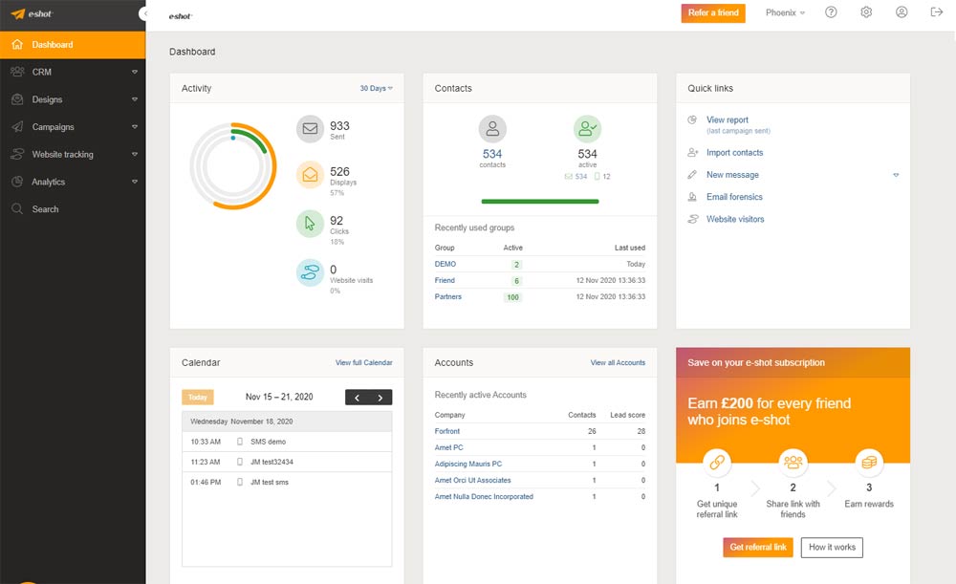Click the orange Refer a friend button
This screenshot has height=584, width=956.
pos(713,12)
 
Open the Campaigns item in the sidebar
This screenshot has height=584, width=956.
pos(53,127)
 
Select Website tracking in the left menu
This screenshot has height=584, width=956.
pos(62,155)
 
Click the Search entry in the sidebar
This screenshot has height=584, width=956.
pos(45,209)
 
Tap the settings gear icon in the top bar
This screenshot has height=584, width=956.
pos(866,12)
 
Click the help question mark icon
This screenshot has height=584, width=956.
pos(831,12)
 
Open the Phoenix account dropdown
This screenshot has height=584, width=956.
pos(785,12)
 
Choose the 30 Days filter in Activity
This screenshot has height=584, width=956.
pos(376,88)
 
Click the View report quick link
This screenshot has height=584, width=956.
pos(728,120)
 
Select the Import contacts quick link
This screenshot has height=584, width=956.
pos(734,153)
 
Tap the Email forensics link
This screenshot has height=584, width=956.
pos(734,197)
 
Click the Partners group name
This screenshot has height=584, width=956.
pos(447,297)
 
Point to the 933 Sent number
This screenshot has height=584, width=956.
pos(339,126)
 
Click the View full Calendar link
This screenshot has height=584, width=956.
pos(363,363)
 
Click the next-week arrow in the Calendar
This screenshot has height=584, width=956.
pos(380,398)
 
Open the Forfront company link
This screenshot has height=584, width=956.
pos(447,431)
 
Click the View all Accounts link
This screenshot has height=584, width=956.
pos(618,363)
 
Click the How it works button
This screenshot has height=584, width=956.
pos(831,548)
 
